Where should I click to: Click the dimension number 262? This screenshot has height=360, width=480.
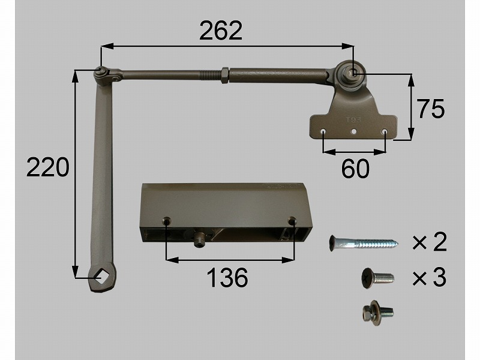coord(221,31)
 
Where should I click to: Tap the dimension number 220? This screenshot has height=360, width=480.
coord(48,167)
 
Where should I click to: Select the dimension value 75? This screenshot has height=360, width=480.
coord(431,109)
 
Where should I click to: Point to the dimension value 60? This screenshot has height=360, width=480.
coord(355,169)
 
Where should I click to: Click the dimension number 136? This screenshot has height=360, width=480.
coord(227,278)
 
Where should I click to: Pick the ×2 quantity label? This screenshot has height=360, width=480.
coord(430,242)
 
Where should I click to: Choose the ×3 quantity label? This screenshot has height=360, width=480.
coord(430,278)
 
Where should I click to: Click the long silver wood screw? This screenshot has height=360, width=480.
coord(364,244)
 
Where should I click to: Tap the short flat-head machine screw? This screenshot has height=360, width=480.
coord(378,278)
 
